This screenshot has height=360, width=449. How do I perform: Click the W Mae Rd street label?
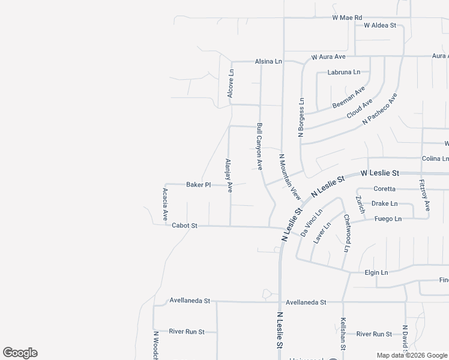(x=347, y=18)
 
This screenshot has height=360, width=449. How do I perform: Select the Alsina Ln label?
(x=268, y=62)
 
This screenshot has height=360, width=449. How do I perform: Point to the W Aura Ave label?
(x=328, y=57)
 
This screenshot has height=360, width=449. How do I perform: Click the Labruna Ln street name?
(x=344, y=72)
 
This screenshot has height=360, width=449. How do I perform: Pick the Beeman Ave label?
(x=349, y=97)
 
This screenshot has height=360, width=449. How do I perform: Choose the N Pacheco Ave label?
(x=379, y=109)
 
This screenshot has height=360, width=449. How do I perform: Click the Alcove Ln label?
(x=231, y=83)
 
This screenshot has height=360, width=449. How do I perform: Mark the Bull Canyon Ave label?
(x=260, y=146)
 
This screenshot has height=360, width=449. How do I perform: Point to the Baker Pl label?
(x=198, y=185)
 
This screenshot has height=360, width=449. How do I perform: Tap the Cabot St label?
(x=184, y=226)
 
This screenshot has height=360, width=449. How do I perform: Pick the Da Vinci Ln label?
(x=312, y=222)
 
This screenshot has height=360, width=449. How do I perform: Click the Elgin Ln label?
(x=376, y=272)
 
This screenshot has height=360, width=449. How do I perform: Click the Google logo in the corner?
(x=20, y=353)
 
